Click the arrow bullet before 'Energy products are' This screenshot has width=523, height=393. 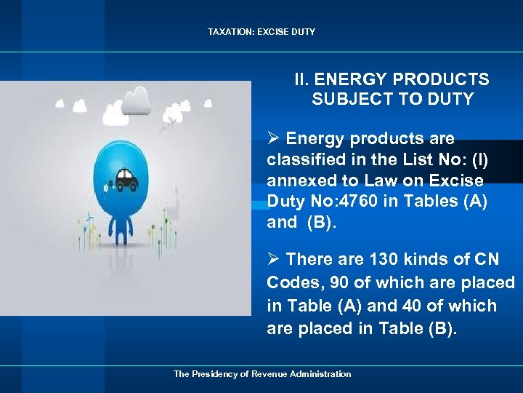point(274,138)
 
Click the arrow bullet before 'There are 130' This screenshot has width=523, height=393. point(274,259)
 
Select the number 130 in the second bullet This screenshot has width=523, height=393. point(384,259)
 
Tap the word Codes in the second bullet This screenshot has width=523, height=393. point(289,282)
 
